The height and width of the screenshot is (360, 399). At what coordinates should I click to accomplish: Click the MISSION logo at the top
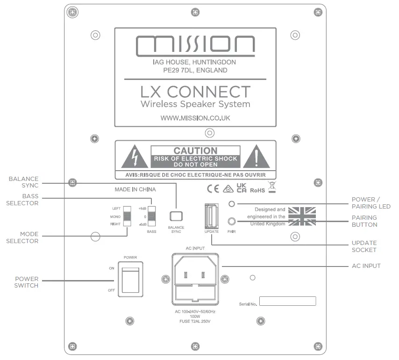195,45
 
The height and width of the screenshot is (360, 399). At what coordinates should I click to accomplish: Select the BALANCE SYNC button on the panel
175,216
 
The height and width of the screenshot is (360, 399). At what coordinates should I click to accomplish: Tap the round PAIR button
231,221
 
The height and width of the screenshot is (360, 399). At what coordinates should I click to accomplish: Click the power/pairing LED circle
231,204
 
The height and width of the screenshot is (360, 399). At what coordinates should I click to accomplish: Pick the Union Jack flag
302,216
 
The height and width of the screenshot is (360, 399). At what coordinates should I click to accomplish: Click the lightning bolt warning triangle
135,158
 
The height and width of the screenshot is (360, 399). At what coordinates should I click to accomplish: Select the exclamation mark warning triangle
256,158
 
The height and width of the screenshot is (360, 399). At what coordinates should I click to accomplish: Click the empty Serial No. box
287,301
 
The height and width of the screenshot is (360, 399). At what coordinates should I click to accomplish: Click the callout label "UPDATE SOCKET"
364,246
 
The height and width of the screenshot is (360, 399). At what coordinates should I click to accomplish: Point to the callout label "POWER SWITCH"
26,282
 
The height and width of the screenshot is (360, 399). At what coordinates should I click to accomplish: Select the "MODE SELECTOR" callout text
22,238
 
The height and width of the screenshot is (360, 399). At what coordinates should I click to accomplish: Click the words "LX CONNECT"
195,91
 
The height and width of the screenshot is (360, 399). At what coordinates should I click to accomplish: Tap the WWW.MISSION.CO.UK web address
195,118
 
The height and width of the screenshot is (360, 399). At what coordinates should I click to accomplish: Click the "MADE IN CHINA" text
135,190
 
